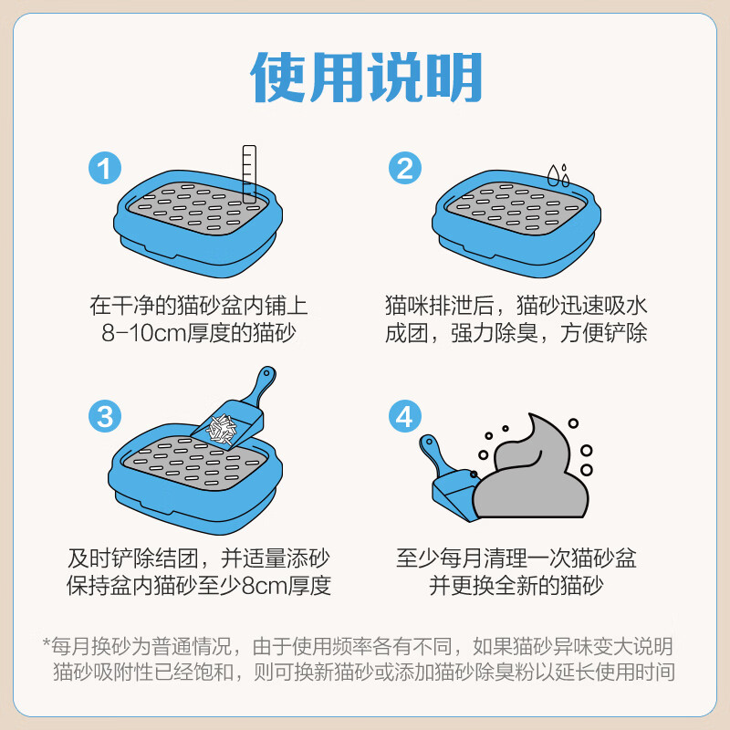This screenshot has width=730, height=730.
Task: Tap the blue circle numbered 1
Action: click(105, 169)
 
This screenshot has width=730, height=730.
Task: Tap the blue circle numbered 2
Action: click(404, 169)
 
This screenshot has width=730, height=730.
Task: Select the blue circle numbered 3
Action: click(105, 416)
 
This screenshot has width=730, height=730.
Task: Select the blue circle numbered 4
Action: click(404, 416)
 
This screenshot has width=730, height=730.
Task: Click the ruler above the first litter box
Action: click(249, 173)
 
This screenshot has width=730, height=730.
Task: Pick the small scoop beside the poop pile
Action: click(447, 484)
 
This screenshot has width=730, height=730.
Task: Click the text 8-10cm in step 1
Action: click(145, 333)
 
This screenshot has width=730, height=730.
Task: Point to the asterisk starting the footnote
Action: click(47, 643)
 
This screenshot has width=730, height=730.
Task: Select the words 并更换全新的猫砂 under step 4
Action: click(516, 585)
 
